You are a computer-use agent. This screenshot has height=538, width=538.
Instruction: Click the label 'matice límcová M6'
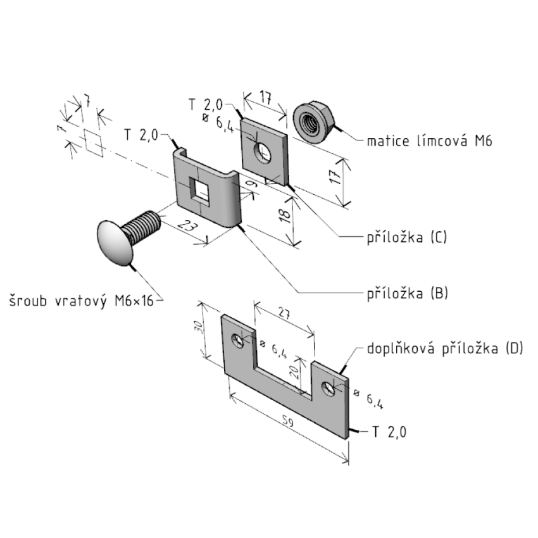click(x=429, y=141)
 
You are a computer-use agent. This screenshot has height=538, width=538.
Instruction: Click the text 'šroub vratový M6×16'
click(x=81, y=299)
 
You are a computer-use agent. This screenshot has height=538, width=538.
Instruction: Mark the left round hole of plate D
click(x=239, y=341)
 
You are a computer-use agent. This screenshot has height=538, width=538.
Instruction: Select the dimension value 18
click(x=286, y=215)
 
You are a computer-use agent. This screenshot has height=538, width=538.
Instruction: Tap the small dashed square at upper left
click(x=93, y=143)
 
